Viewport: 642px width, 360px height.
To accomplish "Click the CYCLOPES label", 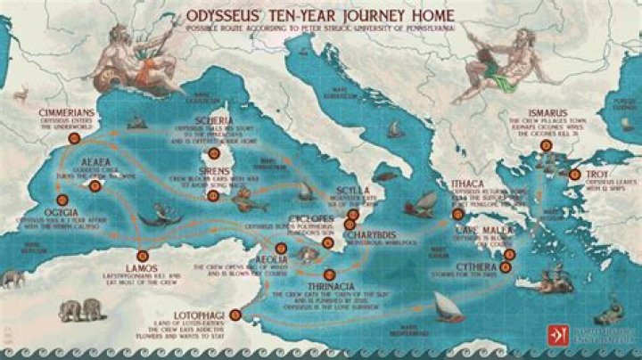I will pyautogui.click(x=309, y=217).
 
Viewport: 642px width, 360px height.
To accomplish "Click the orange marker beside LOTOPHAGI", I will pyautogui.click(x=235, y=313).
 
